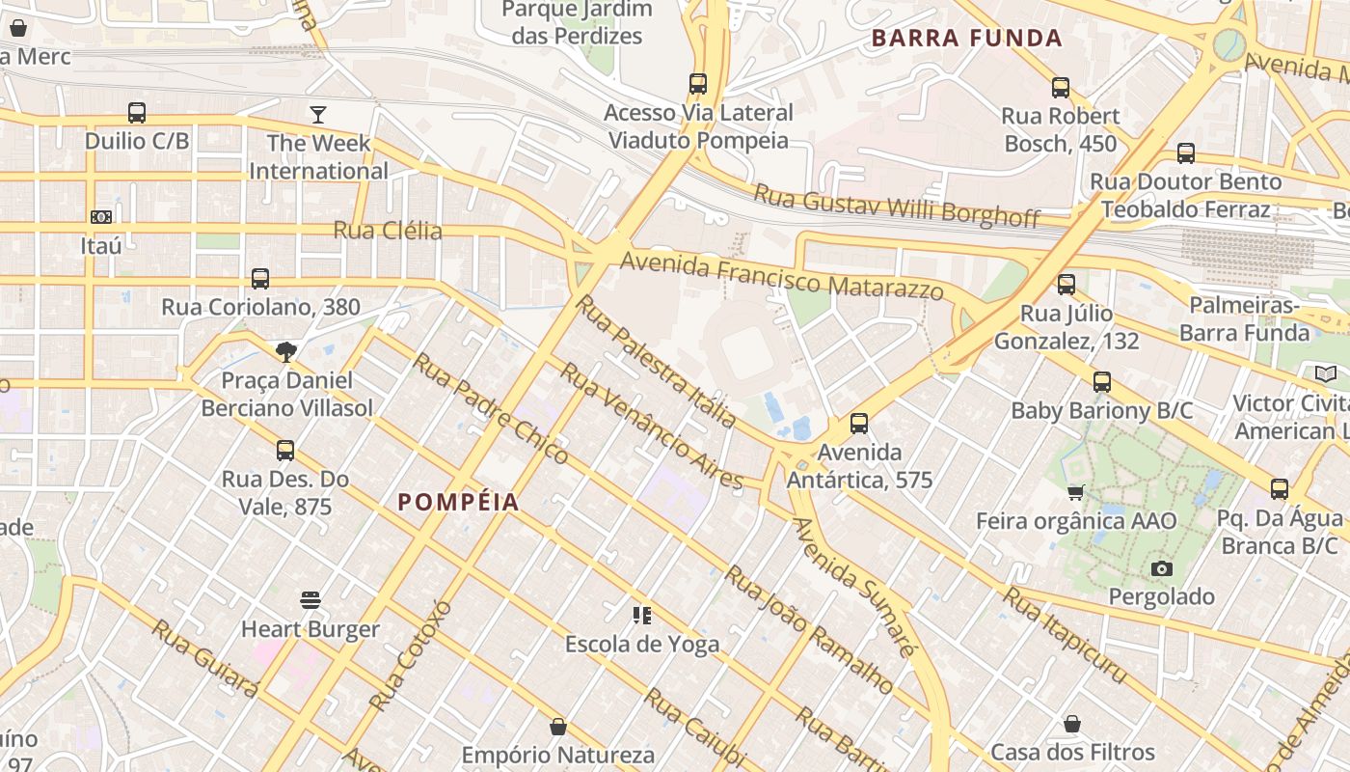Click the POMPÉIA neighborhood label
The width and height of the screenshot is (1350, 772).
458,502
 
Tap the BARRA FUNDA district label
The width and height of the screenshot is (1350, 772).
966,39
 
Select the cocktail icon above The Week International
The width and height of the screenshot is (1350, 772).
318,116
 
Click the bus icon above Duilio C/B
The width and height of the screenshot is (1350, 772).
137,112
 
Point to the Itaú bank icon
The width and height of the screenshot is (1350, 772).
101,217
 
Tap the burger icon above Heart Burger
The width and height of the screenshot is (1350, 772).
310,600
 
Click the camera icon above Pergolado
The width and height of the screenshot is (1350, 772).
1162,568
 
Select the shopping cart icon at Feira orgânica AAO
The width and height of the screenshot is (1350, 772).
1076,492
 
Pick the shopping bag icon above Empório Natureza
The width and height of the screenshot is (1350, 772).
557,726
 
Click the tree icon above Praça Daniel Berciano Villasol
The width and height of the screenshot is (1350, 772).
286,351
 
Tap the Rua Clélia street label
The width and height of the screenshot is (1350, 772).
388,231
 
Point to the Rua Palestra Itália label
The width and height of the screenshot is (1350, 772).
656,361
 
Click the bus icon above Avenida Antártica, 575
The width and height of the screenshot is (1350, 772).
859,423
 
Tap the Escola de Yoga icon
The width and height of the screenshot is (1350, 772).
641,615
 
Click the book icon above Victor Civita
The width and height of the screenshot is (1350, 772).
1326,373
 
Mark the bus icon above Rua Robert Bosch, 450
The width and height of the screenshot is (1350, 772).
1061,88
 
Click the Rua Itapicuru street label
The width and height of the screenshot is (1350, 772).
1065,634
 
